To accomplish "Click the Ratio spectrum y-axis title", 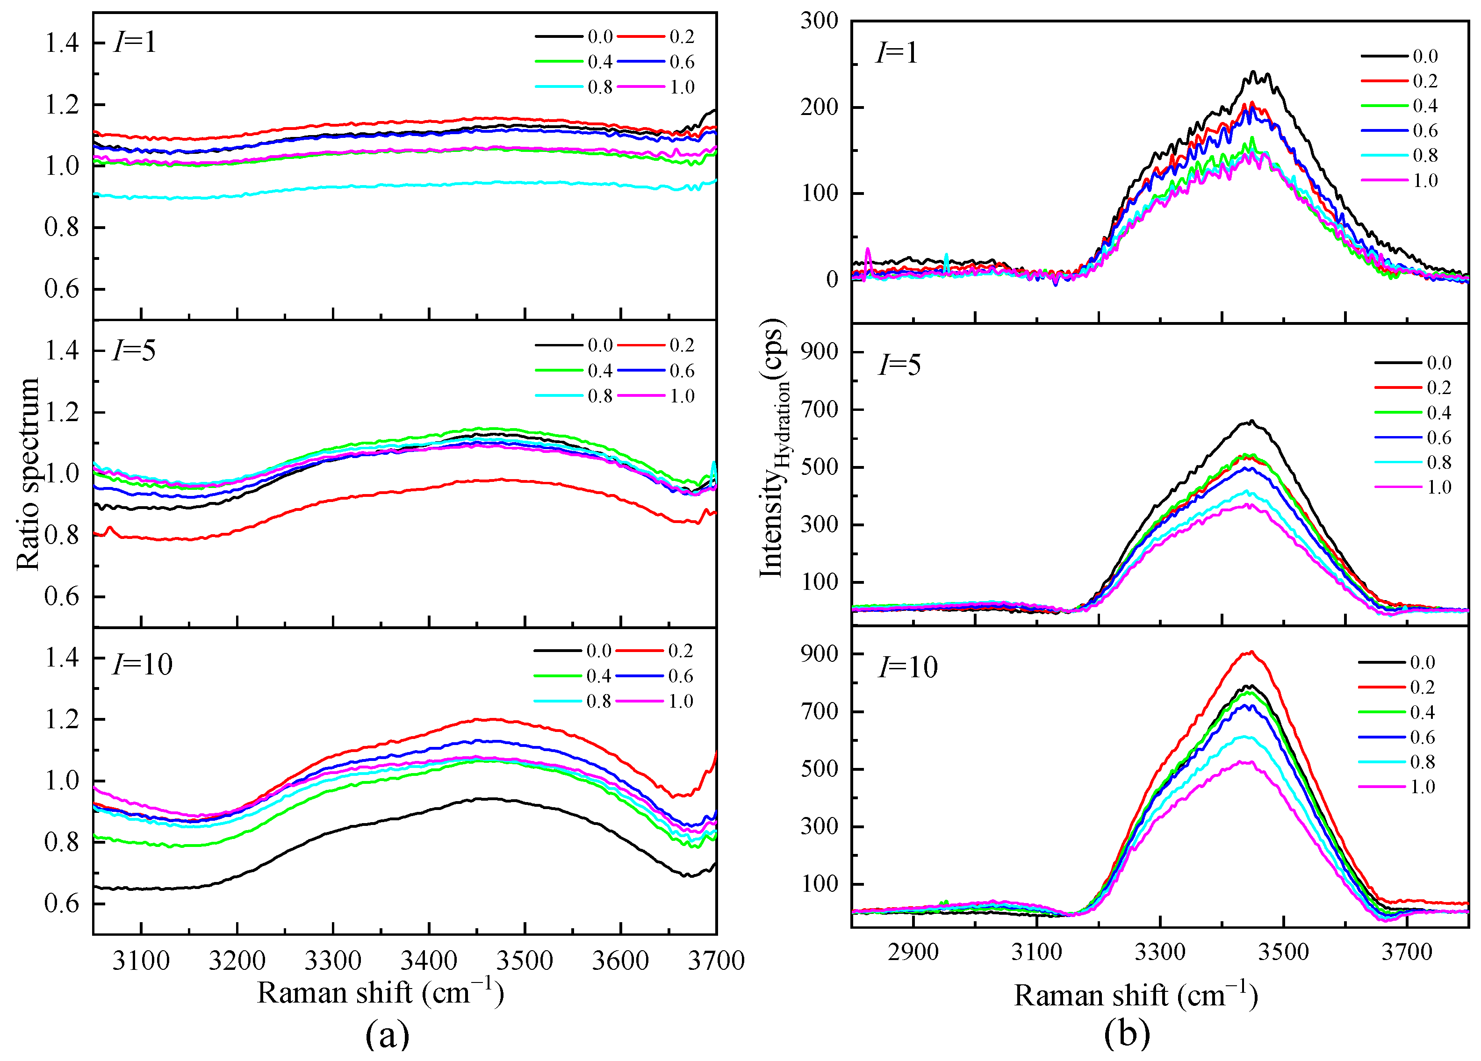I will pos(28,473).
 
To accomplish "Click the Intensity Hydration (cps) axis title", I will pos(774,449).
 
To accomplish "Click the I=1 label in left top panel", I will pos(135,43).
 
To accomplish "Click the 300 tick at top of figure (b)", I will pos(819,21).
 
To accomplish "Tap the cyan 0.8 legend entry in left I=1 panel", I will pos(575,87).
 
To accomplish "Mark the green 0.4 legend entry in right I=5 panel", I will pos(1413,413).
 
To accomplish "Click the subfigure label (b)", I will pos(1127,1035).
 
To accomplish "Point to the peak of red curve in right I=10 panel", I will pos(1250,652).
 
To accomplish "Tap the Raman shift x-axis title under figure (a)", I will pos(381,993).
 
